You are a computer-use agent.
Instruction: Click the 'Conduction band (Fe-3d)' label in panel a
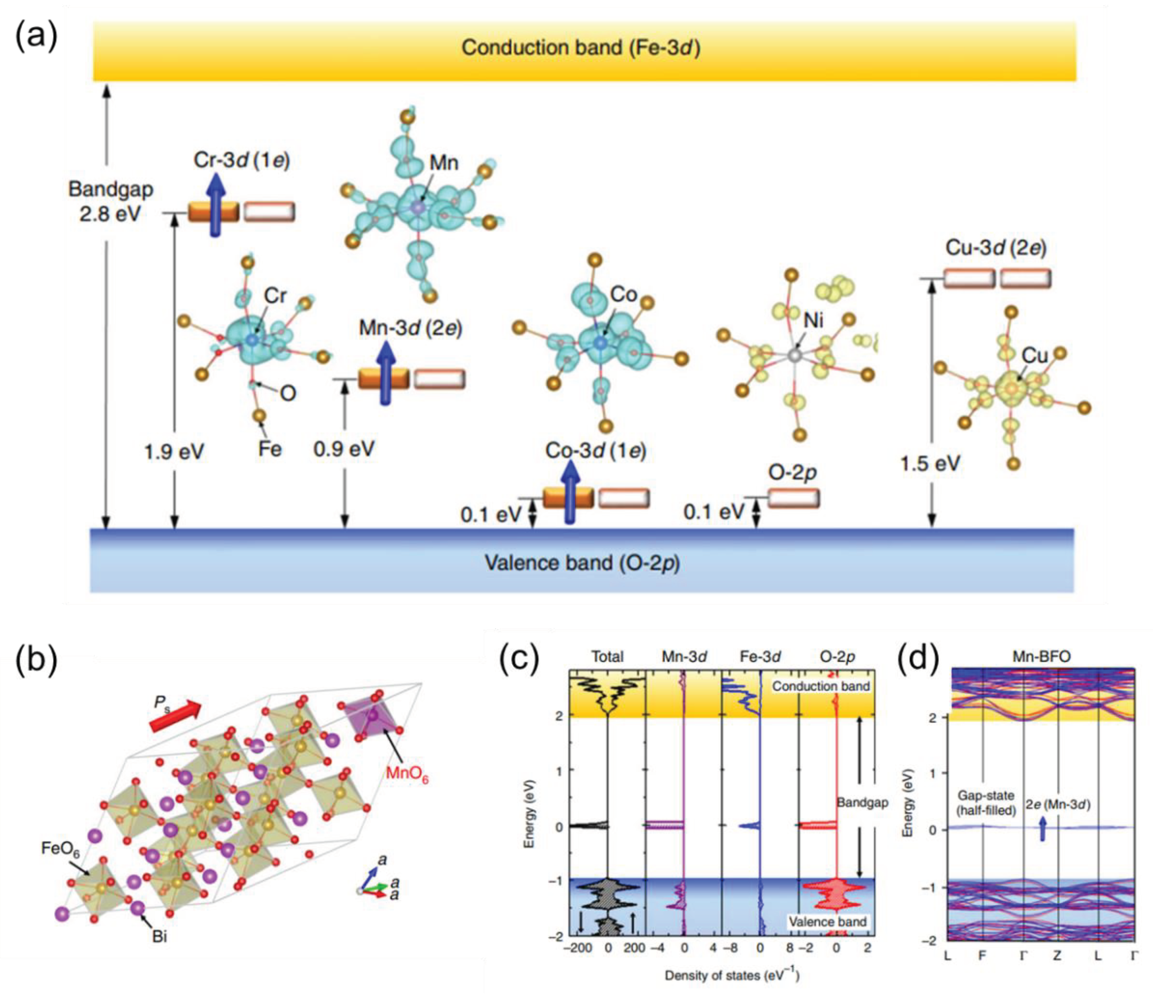[580, 48]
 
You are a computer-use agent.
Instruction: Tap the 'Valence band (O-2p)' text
[582, 563]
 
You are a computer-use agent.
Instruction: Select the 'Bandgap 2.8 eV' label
[110, 201]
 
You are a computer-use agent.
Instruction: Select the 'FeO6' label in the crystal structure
[60, 849]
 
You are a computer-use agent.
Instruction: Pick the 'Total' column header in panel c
[607, 657]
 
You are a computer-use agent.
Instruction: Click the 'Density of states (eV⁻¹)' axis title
[732, 975]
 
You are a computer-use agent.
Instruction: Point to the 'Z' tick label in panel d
[1057, 956]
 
